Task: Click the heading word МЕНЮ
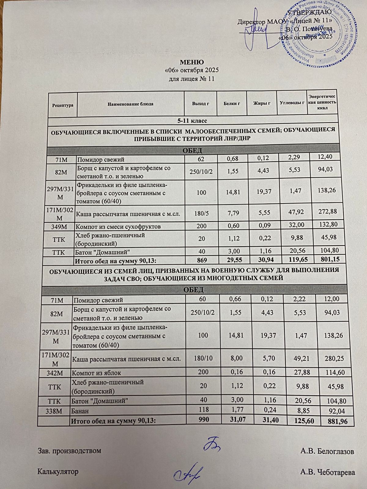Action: click(x=192, y=63)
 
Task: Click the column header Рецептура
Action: click(x=63, y=105)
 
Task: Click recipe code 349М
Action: click(x=60, y=226)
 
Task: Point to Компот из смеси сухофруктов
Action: click(x=119, y=226)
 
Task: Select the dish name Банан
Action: click(x=80, y=411)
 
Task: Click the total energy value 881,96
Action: click(x=335, y=422)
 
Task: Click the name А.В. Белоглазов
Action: click(x=327, y=451)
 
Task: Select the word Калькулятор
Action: click(x=57, y=472)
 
